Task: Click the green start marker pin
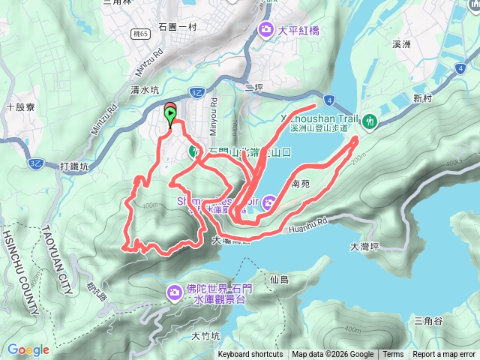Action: point(172,116)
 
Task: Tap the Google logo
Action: point(28,349)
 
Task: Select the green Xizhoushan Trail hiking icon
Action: point(369,120)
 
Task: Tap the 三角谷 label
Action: point(428,321)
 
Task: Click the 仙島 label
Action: point(277,279)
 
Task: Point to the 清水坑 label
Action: point(144,88)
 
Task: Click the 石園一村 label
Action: point(177,27)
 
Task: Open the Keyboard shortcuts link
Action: point(250,355)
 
